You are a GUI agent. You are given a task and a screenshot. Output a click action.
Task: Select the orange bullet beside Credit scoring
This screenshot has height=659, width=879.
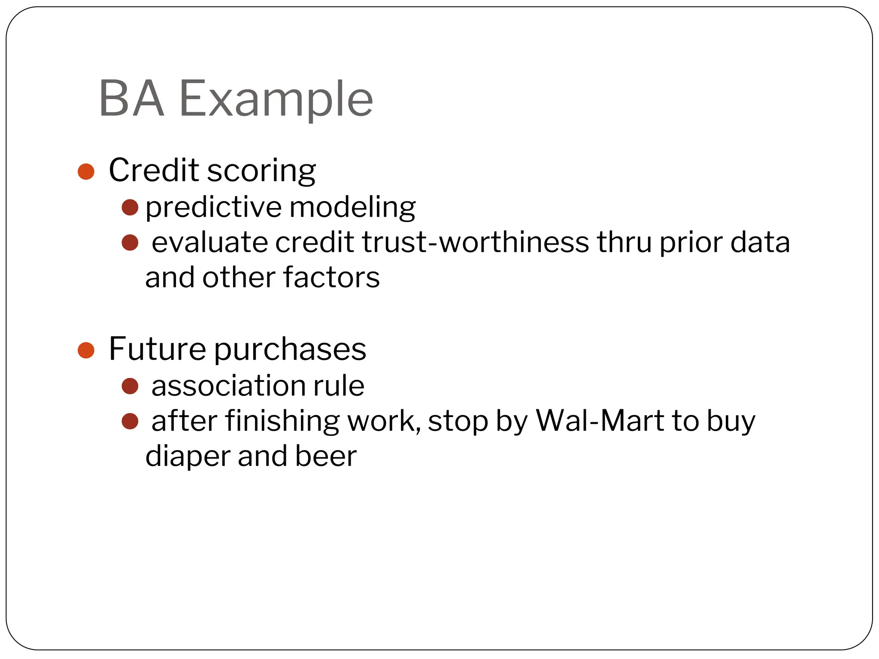86,172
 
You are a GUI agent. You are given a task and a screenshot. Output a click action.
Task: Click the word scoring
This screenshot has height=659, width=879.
261,171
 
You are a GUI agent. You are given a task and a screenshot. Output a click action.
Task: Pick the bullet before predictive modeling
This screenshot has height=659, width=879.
130,207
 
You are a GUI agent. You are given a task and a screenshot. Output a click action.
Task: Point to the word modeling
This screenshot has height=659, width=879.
352,207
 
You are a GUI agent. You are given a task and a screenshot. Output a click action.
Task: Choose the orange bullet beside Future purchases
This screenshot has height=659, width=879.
86,350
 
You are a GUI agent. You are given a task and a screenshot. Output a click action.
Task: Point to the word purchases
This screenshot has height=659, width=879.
290,349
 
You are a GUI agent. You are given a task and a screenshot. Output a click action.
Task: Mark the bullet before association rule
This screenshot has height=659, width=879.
130,386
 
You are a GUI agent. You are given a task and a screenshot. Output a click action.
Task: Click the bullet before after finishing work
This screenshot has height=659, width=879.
130,421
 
